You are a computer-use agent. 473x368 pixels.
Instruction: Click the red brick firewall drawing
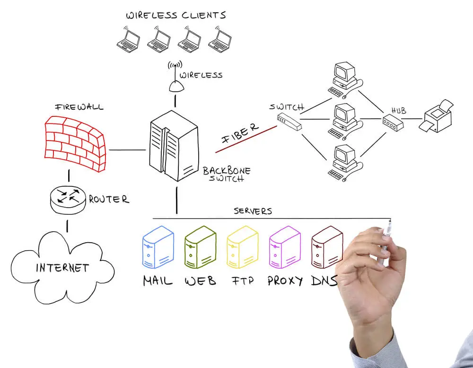pyautogui.click(x=75, y=143)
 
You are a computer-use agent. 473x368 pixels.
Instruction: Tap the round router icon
pyautogui.click(x=68, y=200)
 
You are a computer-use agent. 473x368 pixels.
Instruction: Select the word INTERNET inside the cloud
pyautogui.click(x=62, y=268)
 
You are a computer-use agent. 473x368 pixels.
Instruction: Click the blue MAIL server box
pyautogui.click(x=158, y=247)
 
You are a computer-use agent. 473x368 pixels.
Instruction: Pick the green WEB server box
pyautogui.click(x=200, y=247)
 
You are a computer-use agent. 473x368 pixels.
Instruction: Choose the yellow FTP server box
pyautogui.click(x=243, y=247)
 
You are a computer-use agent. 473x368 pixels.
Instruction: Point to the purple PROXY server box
pyautogui.click(x=285, y=247)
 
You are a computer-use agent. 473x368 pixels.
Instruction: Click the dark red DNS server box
pyautogui.click(x=327, y=247)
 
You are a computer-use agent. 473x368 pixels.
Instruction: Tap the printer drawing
pyautogui.click(x=436, y=116)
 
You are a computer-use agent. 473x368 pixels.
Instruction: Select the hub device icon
pyautogui.click(x=393, y=123)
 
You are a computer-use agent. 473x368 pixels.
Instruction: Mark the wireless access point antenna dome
pyautogui.click(x=176, y=86)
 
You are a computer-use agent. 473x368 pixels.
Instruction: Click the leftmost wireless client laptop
pyautogui.click(x=128, y=40)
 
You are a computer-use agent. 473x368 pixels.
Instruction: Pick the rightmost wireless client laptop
pyautogui.click(x=220, y=40)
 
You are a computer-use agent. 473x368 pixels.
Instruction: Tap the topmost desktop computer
pyautogui.click(x=345, y=80)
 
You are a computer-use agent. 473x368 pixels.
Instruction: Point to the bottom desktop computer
pyautogui.click(x=345, y=163)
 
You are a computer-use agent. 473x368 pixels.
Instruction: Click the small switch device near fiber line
pyautogui.click(x=289, y=122)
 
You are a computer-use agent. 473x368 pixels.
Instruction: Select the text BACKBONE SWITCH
pyautogui.click(x=227, y=175)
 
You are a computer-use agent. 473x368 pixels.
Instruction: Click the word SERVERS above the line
pyautogui.click(x=253, y=211)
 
